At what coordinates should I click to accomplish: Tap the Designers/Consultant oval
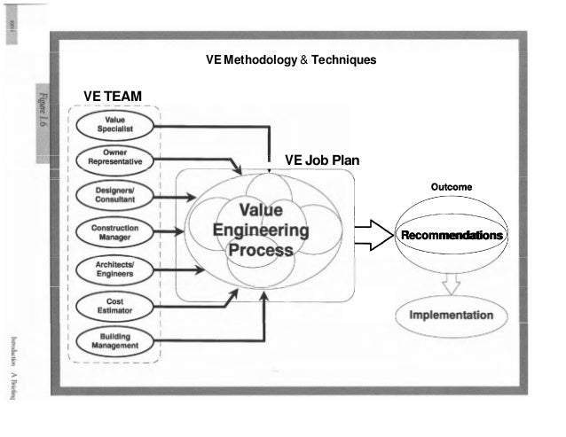(115, 195)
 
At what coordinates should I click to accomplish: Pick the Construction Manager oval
(115, 232)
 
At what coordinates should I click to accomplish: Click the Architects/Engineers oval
(115, 269)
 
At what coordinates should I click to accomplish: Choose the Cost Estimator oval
(115, 306)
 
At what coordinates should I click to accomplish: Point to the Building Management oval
(115, 340)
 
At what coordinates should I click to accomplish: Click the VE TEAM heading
(113, 95)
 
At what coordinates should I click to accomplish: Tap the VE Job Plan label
(321, 160)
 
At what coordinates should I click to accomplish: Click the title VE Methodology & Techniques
(290, 60)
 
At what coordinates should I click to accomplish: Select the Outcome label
(451, 188)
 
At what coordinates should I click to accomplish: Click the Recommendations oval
(452, 236)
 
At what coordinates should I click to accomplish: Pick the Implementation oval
(452, 316)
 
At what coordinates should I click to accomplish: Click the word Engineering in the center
(261, 230)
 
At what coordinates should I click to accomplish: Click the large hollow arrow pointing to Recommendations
(373, 236)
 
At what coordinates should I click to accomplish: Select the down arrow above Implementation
(452, 283)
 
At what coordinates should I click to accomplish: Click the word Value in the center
(261, 210)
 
